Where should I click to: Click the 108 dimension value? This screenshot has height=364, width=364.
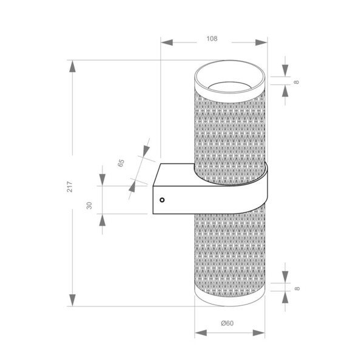(x=212, y=39)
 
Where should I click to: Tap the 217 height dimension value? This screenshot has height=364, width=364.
(x=70, y=187)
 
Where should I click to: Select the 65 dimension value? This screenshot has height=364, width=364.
(x=121, y=163)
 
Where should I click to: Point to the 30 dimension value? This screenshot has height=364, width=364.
(x=89, y=206)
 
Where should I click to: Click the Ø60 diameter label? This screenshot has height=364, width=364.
(x=227, y=323)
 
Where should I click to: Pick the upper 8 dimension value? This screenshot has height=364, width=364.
(x=297, y=82)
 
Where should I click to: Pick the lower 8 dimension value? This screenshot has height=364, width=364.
(x=297, y=288)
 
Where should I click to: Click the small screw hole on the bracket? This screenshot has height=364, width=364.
(x=162, y=200)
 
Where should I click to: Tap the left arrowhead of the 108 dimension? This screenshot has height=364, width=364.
(x=167, y=42)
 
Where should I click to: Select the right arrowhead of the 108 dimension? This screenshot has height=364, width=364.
(x=261, y=42)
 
